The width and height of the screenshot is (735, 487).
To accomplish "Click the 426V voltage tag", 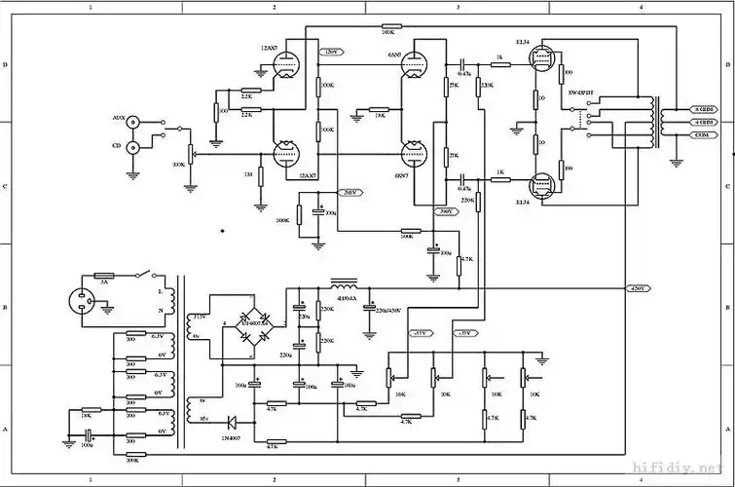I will [639, 288].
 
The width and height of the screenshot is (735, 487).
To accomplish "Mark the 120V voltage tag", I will [330, 52].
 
